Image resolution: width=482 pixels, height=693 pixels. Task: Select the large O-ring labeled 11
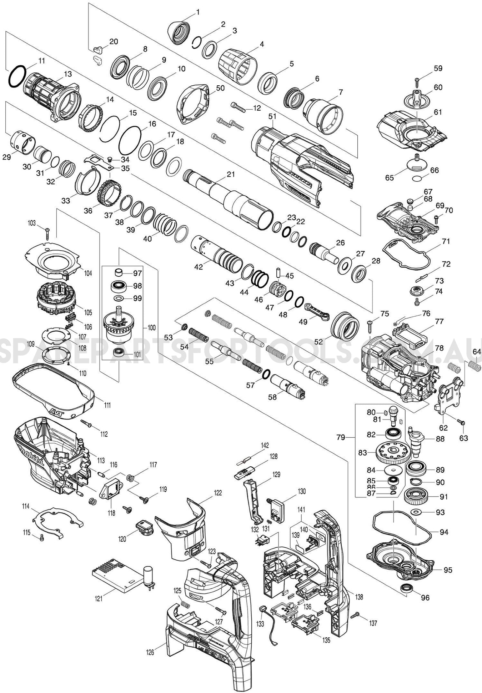point(17,76)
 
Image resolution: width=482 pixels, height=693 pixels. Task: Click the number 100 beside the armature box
point(151,327)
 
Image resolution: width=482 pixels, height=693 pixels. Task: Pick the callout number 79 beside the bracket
point(341,437)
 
